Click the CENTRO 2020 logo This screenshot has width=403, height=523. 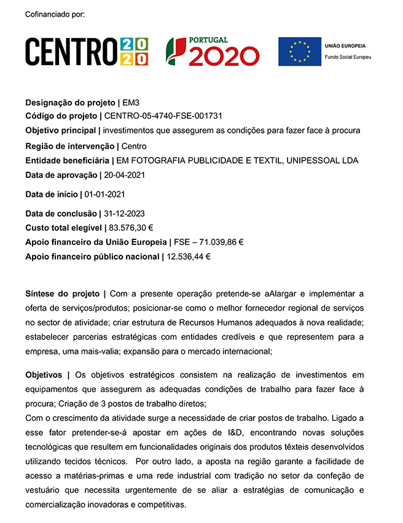[x=87, y=52]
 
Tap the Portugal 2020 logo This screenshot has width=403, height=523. [x=212, y=52]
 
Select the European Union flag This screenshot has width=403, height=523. [x=299, y=52]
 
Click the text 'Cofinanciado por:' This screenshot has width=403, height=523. [x=55, y=14]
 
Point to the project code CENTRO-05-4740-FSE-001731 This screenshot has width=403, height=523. [x=163, y=116]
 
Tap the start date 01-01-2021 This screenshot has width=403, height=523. [x=105, y=194]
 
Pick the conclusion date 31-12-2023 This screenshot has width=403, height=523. [x=124, y=214]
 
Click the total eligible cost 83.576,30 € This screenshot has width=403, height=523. [x=131, y=228]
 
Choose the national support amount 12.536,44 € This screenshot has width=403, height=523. [x=189, y=257]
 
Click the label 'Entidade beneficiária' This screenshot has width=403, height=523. [x=67, y=161]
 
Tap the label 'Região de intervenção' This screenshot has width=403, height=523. [x=69, y=146]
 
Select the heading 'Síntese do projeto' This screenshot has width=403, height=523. [x=62, y=293]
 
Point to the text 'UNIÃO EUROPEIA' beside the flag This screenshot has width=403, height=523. [x=345, y=46]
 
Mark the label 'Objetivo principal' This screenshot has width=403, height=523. [x=60, y=130]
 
